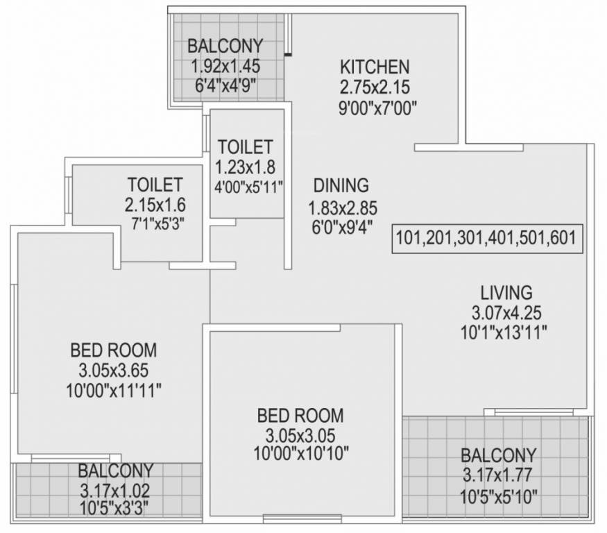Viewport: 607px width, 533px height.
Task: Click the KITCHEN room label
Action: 375,67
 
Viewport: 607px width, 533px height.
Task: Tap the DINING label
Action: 341,185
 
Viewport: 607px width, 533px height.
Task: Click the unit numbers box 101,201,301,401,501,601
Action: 486,237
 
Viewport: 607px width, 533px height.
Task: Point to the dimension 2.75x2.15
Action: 375,88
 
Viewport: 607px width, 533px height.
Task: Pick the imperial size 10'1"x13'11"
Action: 504,333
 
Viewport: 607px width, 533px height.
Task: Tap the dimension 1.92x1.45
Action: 226,68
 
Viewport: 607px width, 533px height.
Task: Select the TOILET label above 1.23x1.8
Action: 245,147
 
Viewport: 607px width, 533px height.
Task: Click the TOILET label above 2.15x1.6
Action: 155,185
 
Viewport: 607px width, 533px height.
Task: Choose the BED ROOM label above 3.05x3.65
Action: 113,349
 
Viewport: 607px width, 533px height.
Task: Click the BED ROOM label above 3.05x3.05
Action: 300,416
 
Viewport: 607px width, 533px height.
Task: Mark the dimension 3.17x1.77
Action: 499,476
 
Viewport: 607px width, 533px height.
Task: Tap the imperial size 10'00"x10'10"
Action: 300,455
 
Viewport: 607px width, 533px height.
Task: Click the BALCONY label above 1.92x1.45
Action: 226,46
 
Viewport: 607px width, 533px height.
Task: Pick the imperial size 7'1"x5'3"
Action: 155,224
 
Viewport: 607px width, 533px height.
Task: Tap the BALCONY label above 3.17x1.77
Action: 499,455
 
